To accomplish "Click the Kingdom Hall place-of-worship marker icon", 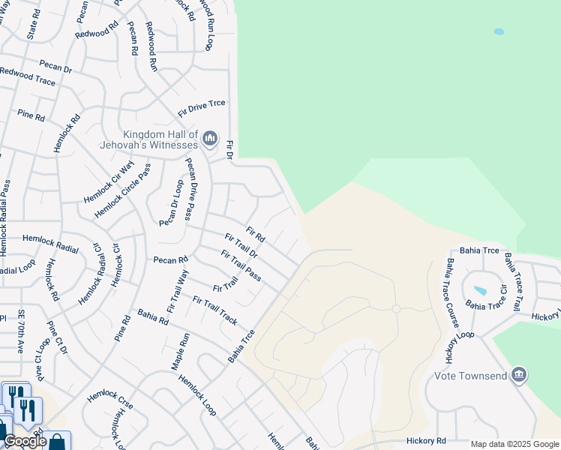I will tap(210, 139).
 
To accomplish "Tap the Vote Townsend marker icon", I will tap(518, 375).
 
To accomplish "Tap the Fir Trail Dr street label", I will tap(241, 246).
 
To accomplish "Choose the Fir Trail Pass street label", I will tap(241, 265).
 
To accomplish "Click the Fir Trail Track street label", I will tap(214, 310).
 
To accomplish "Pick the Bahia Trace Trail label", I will tap(513, 282).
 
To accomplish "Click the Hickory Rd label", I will tap(426, 440).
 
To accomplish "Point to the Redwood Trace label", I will tap(28, 76).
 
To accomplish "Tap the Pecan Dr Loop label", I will tap(171, 202).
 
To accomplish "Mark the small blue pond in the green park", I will tap(499, 32).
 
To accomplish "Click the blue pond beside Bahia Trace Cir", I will tap(480, 290).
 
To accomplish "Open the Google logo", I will tap(25, 441).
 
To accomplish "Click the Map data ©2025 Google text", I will tap(514, 444).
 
